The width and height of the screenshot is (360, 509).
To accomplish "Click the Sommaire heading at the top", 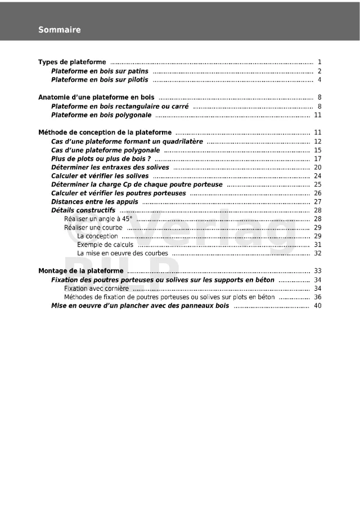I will [59, 30].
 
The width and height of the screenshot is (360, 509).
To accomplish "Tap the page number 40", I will [318, 306].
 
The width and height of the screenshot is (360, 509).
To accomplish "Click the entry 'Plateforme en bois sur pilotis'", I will [100, 80].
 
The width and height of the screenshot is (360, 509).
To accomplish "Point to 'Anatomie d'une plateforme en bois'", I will [96, 97].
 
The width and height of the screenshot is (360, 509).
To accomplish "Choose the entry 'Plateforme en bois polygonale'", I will [101, 115].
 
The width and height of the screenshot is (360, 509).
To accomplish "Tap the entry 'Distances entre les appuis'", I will [94, 201].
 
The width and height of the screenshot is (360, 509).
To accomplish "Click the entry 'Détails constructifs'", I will [83, 210].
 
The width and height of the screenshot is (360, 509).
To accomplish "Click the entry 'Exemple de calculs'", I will [105, 245].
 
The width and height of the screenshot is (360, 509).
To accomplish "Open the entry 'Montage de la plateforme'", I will [81, 271].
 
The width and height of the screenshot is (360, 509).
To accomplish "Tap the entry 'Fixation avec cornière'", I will [96, 289].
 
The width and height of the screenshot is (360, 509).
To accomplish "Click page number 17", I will [318, 159].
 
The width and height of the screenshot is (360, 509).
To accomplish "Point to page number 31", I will [318, 245].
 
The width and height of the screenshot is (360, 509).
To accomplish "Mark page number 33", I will [318, 271].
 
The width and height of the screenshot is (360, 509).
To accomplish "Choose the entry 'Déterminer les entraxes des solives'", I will [110, 167].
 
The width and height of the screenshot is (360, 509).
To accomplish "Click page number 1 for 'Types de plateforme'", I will [319, 62].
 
